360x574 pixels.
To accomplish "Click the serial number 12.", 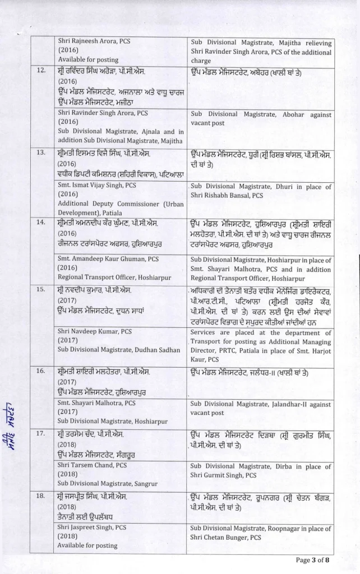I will tap(40, 71).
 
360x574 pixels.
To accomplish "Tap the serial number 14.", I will tap(40, 223).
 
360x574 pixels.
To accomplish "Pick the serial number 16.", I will tap(40, 372).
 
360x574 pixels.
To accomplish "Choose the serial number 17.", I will tap(40, 434).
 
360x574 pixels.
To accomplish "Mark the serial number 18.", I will tap(40, 496).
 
